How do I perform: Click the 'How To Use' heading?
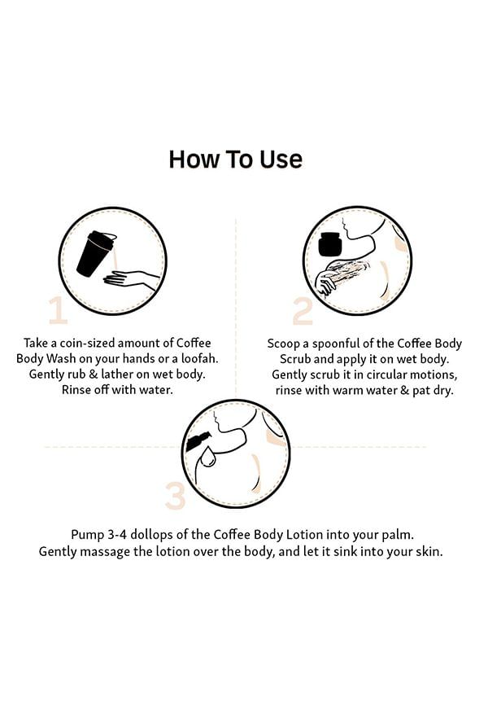pyautogui.click(x=236, y=160)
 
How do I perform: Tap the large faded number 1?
pyautogui.click(x=58, y=310)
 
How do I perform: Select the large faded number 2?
pyautogui.click(x=303, y=311)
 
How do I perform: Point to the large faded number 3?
pyautogui.click(x=175, y=496)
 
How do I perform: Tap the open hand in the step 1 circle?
pyautogui.click(x=131, y=280)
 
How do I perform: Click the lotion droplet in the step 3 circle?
pyautogui.click(x=207, y=456)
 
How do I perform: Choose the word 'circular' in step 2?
pyautogui.click(x=386, y=374)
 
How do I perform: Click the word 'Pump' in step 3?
pyautogui.click(x=88, y=535)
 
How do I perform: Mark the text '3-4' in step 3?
pyautogui.click(x=117, y=535)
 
